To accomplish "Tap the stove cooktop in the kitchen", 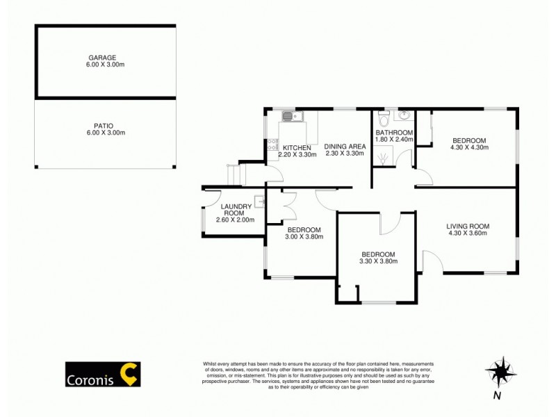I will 271,147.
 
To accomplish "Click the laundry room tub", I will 259,202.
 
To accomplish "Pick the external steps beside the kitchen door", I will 236,174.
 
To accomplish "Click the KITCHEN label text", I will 296,147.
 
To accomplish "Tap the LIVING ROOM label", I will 469,226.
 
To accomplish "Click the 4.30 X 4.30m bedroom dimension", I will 469,147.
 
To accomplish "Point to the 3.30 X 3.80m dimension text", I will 377,261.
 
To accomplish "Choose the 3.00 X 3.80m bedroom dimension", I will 304,238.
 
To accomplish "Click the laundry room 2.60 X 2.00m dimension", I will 235,220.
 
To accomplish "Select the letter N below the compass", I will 496,396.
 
